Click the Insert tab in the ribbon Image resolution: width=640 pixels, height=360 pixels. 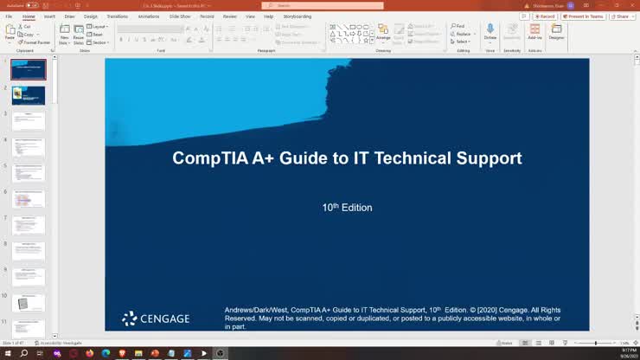pyautogui.click(x=49, y=16)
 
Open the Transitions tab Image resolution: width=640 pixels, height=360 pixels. pyautogui.click(x=117, y=16)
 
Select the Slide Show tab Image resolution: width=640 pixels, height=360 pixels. pyautogui.click(x=180, y=16)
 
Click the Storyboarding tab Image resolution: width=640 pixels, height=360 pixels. pyautogui.click(x=297, y=16)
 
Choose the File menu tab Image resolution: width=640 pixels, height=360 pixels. pyautogui.click(x=9, y=16)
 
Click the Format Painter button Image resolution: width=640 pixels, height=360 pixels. pyautogui.click(x=35, y=42)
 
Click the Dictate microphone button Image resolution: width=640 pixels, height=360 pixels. pyautogui.click(x=490, y=33)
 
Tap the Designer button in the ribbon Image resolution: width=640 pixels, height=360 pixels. pyautogui.click(x=556, y=33)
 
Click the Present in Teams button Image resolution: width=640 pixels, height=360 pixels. pyautogui.click(x=586, y=16)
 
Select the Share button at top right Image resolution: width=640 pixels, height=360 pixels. pyautogui.click(x=621, y=16)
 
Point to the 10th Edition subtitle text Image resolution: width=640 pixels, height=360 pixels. pyautogui.click(x=347, y=208)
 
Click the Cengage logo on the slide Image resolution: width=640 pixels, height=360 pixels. pyautogui.click(x=156, y=318)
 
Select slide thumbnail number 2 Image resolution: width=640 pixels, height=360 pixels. pyautogui.click(x=29, y=95)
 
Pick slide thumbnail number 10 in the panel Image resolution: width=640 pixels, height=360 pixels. pyautogui.click(x=29, y=303)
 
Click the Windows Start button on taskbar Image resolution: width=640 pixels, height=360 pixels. pyautogui.click(x=7, y=353)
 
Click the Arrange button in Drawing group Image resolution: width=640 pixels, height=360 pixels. pyautogui.click(x=383, y=33)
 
